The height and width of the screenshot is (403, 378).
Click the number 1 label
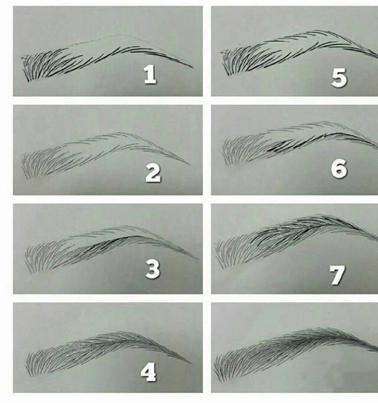tap(150, 74)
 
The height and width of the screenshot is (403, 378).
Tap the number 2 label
tap(153, 173)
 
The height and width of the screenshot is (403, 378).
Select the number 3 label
tap(152, 270)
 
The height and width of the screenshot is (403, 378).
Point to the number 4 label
tap(148, 372)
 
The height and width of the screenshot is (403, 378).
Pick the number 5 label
tap(338, 78)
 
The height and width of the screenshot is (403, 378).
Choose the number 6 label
tap(338, 169)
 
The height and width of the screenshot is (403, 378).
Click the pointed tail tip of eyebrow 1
tap(193, 67)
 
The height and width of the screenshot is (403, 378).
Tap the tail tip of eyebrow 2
tap(190, 163)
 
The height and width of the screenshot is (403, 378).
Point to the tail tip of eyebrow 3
tap(197, 259)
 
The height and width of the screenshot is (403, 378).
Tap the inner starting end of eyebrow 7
tap(217, 254)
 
